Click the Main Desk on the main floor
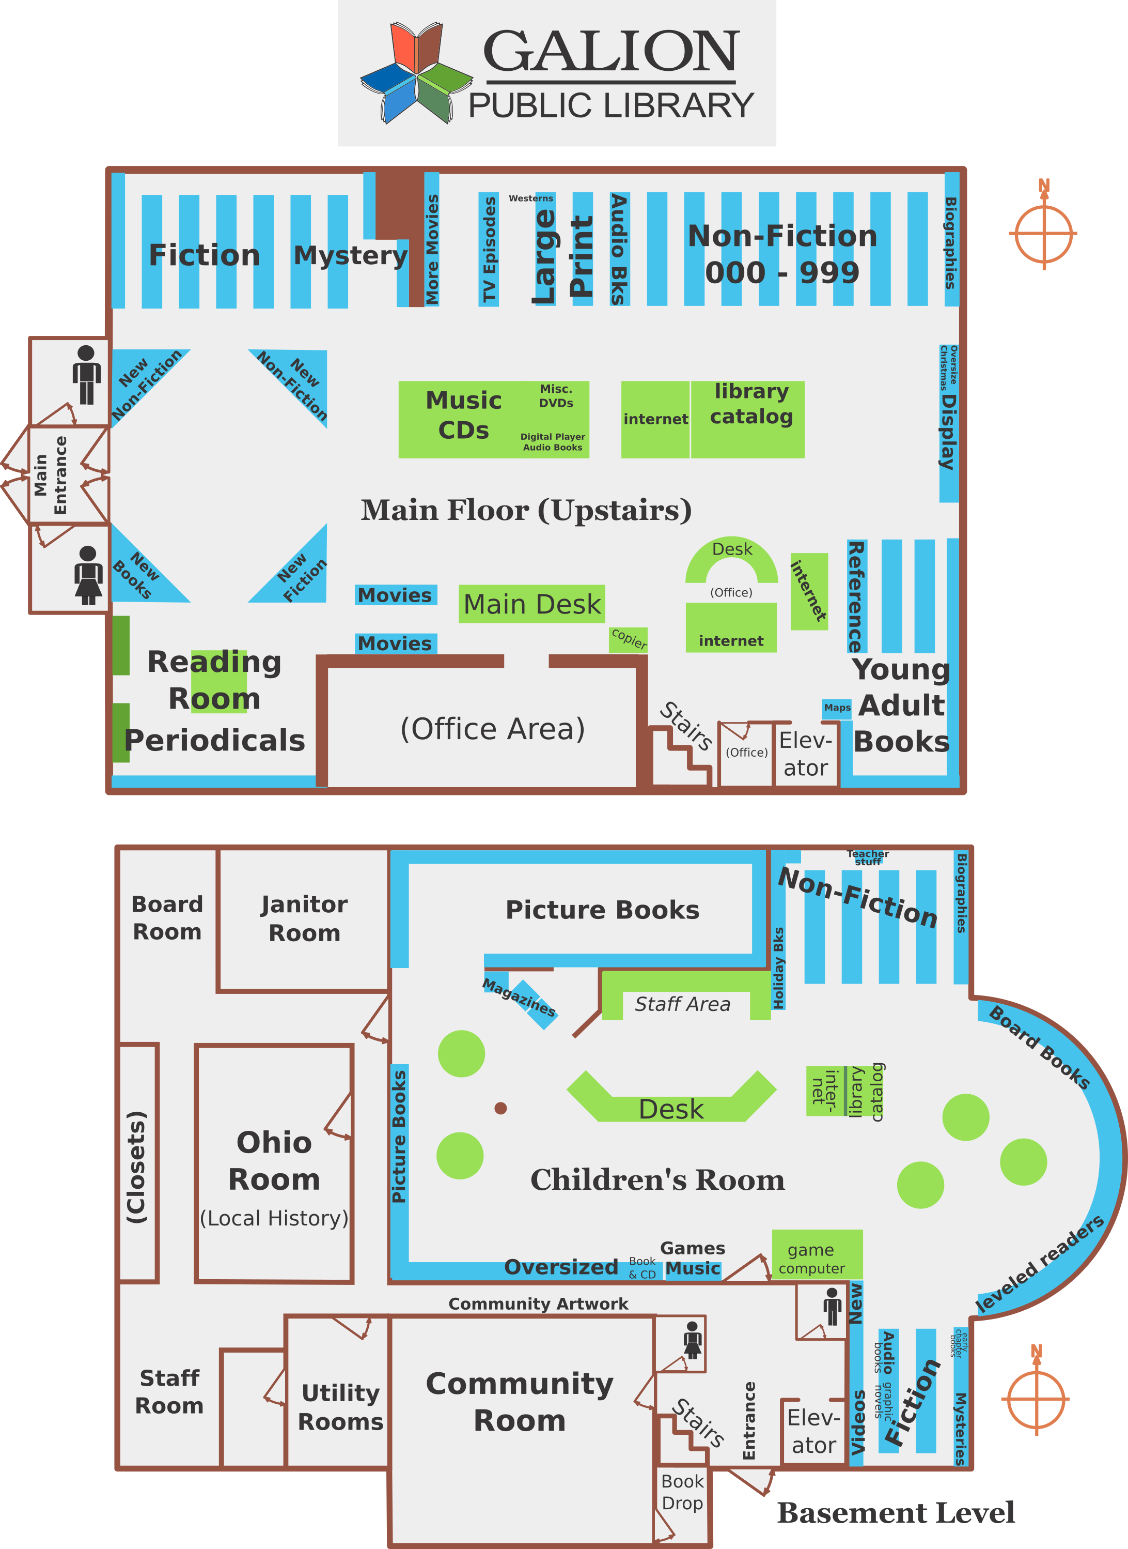(532, 604)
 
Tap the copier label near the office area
(628, 639)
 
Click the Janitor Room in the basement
(304, 918)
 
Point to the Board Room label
(167, 917)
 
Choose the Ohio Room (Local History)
(274, 1161)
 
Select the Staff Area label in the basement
(682, 1004)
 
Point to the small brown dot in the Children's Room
(500, 1108)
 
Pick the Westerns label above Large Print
(530, 198)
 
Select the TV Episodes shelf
(489, 250)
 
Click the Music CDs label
(464, 415)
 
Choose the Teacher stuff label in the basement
(868, 857)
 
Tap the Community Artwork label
(538, 1303)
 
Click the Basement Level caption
(896, 1513)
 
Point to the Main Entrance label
(51, 475)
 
